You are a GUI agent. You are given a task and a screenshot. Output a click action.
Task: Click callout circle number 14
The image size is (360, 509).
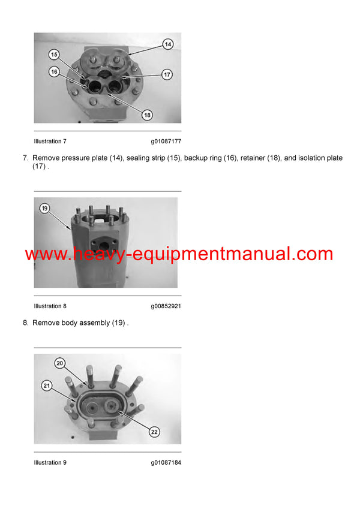point(167,44)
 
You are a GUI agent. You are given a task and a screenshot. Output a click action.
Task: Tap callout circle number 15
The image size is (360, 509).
point(54,55)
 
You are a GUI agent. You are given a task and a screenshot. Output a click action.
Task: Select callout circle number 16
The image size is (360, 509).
point(54,72)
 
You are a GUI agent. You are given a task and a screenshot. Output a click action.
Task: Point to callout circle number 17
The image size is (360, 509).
point(167,75)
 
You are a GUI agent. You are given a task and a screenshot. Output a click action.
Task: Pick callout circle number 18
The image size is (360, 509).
point(148,115)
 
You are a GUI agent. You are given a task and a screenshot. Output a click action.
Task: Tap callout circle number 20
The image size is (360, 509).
point(59,363)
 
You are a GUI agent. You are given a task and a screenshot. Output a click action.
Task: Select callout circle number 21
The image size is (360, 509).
point(46,385)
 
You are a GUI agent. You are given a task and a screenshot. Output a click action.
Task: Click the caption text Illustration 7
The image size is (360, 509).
point(50,141)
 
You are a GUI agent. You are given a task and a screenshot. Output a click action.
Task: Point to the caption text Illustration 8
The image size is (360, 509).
point(50,306)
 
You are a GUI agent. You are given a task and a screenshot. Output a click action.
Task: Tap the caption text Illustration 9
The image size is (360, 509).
point(50,463)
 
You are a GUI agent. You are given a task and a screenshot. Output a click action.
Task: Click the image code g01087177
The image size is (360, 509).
point(166,141)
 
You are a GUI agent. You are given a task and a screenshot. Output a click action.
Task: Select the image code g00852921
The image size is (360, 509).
point(166,306)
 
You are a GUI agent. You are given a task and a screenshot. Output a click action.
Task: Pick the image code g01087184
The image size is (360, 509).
point(166,463)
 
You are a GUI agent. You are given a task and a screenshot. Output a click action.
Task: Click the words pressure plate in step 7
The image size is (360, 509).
point(85,158)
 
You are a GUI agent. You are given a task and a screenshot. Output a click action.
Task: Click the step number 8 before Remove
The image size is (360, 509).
point(25,323)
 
